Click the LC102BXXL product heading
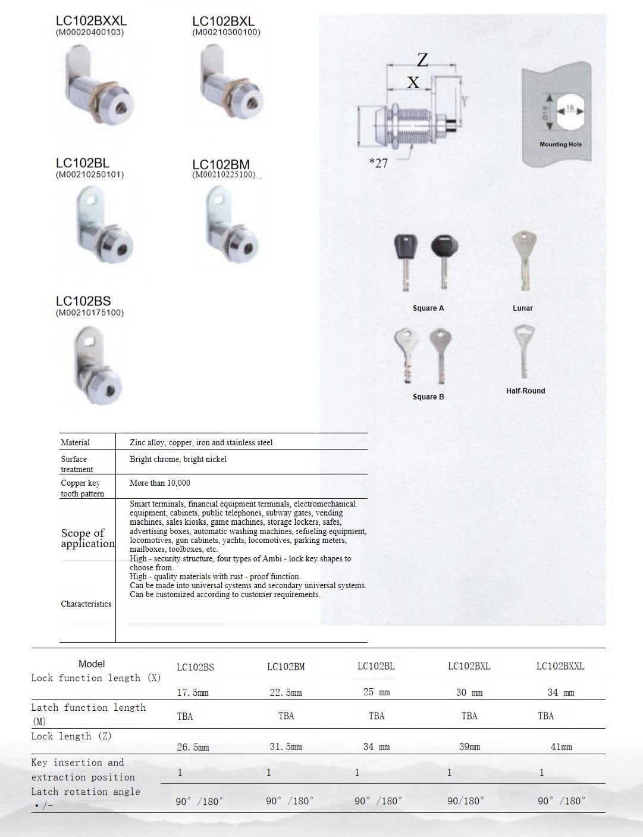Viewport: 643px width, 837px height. [91, 21]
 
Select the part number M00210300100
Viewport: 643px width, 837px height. [226, 32]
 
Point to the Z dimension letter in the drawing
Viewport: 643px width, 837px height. [422, 60]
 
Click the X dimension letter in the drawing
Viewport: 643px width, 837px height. [413, 82]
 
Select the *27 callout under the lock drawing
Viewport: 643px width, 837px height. [378, 163]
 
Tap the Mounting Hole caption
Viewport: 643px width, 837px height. [560, 144]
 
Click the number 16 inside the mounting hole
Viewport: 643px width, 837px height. [570, 108]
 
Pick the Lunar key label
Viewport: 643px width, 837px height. [523, 308]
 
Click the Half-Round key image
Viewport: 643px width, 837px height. [523, 351]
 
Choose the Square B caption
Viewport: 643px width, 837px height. [428, 396]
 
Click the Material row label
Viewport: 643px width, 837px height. [75, 442]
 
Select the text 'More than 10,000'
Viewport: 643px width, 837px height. [160, 483]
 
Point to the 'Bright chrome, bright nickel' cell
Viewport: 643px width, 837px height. [178, 459]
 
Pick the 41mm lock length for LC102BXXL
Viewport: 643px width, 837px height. [561, 747]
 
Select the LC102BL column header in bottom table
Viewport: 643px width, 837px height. [376, 666]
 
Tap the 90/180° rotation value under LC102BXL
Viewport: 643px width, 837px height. [466, 801]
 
